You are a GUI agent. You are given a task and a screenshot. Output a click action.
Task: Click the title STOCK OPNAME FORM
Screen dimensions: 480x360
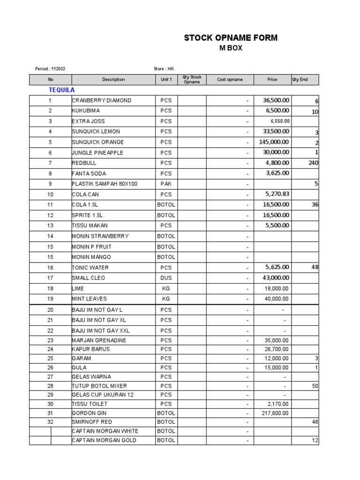point(231,38)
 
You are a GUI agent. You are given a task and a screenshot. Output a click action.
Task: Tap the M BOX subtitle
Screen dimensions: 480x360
point(231,48)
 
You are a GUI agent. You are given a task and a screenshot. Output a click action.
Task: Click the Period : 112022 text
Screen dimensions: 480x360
point(51,69)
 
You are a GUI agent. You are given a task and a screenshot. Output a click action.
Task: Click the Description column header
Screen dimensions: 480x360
point(113,80)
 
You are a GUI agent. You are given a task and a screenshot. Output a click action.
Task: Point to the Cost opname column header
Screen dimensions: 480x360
point(230,80)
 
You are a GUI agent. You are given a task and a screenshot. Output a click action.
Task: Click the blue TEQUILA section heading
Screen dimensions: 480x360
point(62,90)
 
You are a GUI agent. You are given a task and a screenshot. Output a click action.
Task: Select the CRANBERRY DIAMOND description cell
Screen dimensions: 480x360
point(102,100)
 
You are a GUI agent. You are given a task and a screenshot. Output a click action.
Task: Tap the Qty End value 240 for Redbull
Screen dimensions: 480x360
point(314,163)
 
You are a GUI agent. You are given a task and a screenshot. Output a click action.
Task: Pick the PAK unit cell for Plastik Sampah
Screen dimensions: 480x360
point(166,184)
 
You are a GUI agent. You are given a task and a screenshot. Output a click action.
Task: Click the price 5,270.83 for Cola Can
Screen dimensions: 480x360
point(277,194)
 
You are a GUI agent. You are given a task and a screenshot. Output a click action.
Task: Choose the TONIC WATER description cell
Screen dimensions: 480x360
point(90,268)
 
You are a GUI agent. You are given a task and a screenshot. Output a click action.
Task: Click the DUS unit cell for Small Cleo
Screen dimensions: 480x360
point(166,278)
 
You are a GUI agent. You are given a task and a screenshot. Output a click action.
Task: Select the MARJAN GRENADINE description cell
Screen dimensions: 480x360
point(99,340)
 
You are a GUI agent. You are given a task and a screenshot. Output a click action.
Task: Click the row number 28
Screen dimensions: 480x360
point(50,386)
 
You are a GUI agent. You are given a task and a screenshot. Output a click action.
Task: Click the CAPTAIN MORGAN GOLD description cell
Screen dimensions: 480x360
point(104,441)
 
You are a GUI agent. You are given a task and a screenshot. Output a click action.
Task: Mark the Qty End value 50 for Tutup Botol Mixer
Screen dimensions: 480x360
point(315,386)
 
